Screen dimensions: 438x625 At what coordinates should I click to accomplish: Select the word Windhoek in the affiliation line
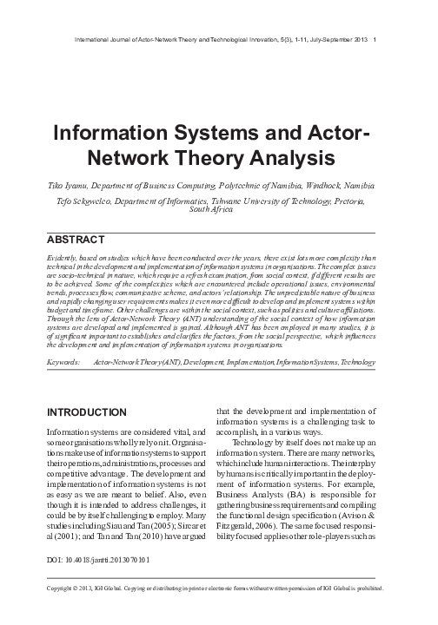[x=317, y=187]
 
